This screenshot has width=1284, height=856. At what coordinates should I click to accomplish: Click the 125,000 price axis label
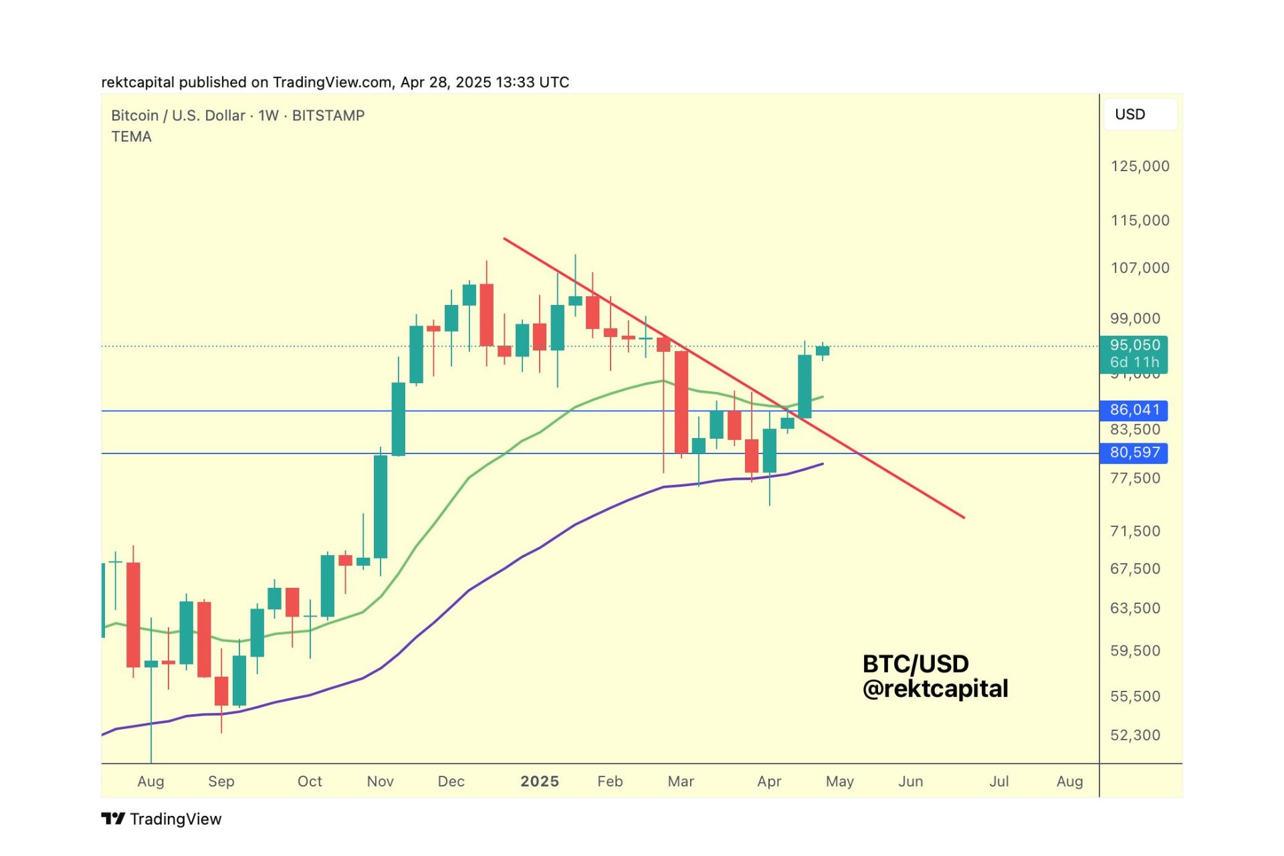1140,166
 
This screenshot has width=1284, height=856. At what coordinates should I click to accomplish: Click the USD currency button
1140,114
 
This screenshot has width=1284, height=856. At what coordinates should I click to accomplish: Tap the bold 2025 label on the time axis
539,781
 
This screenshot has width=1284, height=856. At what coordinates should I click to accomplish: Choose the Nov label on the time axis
380,781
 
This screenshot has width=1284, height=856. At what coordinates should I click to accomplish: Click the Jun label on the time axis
910,781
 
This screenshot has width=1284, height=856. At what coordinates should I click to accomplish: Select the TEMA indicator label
131,136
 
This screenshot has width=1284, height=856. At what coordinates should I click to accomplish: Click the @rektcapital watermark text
935,689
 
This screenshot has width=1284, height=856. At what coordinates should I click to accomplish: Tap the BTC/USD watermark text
915,664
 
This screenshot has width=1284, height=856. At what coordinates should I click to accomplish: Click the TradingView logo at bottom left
161,819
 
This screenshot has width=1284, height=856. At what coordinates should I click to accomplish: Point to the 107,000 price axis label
1140,268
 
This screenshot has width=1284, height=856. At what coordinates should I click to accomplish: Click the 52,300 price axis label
1135,735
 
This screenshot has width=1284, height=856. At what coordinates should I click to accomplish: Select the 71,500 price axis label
1135,531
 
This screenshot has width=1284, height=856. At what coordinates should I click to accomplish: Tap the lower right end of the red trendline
963,517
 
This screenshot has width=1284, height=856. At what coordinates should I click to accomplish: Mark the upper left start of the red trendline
505,239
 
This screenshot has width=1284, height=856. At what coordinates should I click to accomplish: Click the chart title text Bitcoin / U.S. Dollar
178,116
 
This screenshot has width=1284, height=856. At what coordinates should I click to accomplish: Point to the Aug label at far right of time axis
1069,781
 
